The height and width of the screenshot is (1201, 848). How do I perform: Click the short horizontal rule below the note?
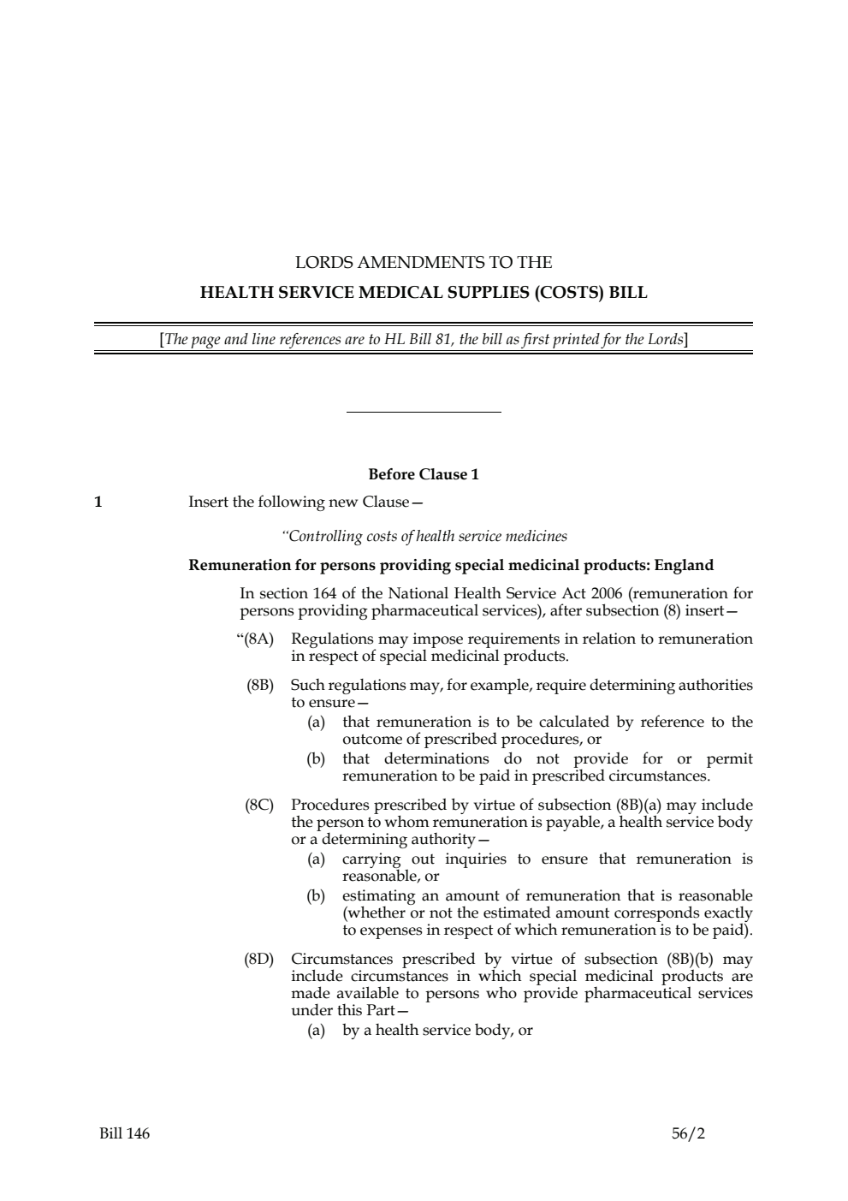click(424, 413)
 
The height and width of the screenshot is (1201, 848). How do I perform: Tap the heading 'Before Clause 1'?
click(424, 474)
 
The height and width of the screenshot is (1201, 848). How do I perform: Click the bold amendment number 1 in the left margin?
click(98, 502)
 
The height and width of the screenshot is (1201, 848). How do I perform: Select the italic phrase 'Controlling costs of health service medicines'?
click(424, 537)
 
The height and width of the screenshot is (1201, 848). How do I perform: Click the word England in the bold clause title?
click(684, 565)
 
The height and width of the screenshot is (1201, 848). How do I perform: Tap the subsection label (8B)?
click(259, 685)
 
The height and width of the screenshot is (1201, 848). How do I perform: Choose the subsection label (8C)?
click(259, 805)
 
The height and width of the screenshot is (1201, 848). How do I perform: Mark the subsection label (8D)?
click(259, 959)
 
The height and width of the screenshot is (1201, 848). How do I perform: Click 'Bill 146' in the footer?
click(124, 1133)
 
